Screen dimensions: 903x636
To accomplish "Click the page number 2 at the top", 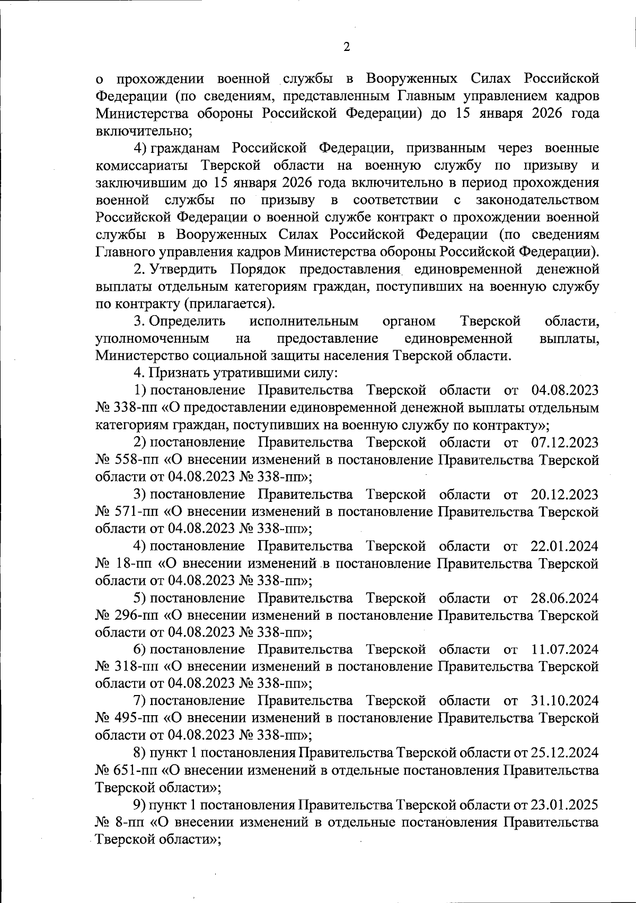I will pyautogui.click(x=346, y=47).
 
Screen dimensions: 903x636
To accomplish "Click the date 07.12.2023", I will pyautogui.click(x=564, y=442).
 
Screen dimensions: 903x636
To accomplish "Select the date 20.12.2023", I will pyautogui.click(x=564, y=494).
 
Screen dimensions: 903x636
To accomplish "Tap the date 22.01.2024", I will pyautogui.click(x=564, y=546).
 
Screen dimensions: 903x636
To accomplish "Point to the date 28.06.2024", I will pyautogui.click(x=564, y=598).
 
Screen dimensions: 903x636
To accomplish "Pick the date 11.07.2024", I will pyautogui.click(x=564, y=649).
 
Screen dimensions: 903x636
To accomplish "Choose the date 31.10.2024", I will pyautogui.click(x=564, y=701).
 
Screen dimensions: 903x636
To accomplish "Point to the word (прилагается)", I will pyautogui.click(x=229, y=304).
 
